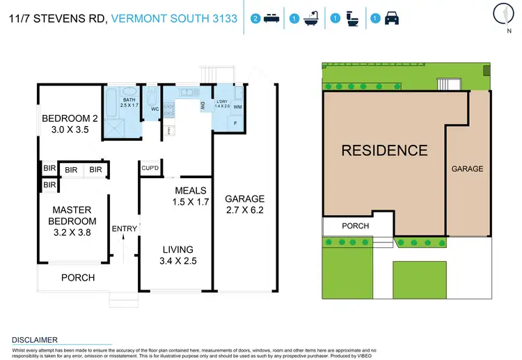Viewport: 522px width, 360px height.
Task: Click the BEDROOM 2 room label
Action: click(71, 123)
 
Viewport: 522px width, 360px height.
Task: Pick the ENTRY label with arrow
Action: click(125, 228)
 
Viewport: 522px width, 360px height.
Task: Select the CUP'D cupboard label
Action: click(150, 169)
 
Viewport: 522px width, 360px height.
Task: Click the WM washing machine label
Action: click(237, 107)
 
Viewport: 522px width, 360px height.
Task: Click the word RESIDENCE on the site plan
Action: click(384, 150)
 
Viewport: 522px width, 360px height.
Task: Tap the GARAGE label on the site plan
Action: click(467, 169)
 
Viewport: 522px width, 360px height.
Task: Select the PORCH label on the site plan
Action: click(355, 226)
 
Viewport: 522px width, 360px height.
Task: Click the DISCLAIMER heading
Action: click(35, 340)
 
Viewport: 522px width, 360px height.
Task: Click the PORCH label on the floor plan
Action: click(78, 278)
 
